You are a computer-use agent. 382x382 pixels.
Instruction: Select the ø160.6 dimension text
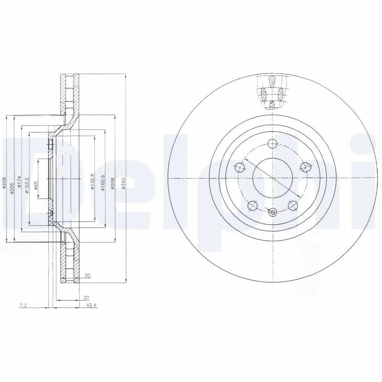pos(102,182)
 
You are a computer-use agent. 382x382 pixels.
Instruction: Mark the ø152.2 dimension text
pos(28,185)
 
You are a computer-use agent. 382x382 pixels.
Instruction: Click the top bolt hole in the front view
pos(272,143)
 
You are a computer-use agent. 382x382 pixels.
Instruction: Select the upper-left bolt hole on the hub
pos(240,167)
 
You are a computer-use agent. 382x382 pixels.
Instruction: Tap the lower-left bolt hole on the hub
pos(253,205)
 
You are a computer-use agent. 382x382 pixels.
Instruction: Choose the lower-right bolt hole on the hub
pos(292,205)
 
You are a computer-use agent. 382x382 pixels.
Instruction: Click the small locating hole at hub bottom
pos(272,213)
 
